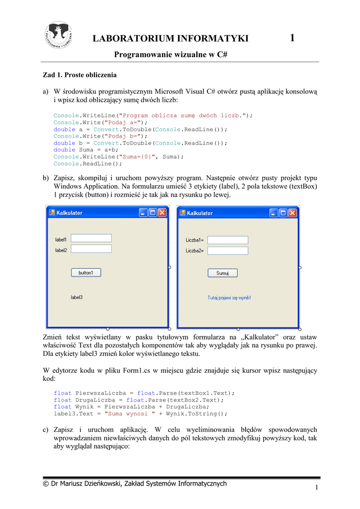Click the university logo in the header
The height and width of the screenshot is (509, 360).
[59, 35]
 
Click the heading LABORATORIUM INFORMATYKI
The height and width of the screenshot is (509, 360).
[171, 39]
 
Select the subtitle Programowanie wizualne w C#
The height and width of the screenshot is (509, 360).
[171, 55]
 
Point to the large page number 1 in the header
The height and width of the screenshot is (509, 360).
[292, 38]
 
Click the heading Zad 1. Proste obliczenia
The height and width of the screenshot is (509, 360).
[80, 75]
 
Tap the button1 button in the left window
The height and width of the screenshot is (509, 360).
[86, 272]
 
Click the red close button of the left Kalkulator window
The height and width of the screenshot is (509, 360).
[162, 213]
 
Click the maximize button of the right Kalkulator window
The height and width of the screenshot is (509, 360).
[283, 213]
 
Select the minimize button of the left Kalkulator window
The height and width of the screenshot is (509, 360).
[143, 213]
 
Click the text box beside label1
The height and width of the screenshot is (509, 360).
[91, 238]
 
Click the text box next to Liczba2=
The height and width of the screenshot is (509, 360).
[227, 251]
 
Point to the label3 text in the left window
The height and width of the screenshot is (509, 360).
[77, 297]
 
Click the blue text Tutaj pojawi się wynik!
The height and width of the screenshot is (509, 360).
[229, 298]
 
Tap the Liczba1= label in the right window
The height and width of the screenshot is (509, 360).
[194, 240]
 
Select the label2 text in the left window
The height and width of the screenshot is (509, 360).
[61, 251]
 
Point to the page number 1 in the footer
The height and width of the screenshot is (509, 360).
[316, 488]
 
